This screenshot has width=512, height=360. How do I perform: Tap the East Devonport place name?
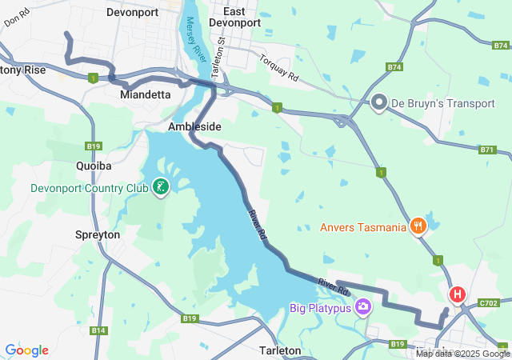234,17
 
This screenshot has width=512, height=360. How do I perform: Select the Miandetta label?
145,94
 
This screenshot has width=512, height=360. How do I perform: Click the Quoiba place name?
93,166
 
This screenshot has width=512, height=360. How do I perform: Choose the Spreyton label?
97,235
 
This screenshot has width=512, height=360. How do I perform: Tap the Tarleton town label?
280,350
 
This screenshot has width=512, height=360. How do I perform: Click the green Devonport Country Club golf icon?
161,188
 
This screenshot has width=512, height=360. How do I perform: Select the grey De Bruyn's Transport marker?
379,102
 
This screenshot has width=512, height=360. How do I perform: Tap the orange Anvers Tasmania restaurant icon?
417,227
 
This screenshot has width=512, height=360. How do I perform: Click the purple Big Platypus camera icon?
363,307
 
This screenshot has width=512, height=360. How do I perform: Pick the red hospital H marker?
457,294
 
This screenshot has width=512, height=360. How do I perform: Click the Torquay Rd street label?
278,68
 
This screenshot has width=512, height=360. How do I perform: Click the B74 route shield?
394,68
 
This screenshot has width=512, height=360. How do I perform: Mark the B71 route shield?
487,150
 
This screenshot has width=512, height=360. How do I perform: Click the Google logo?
26,350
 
